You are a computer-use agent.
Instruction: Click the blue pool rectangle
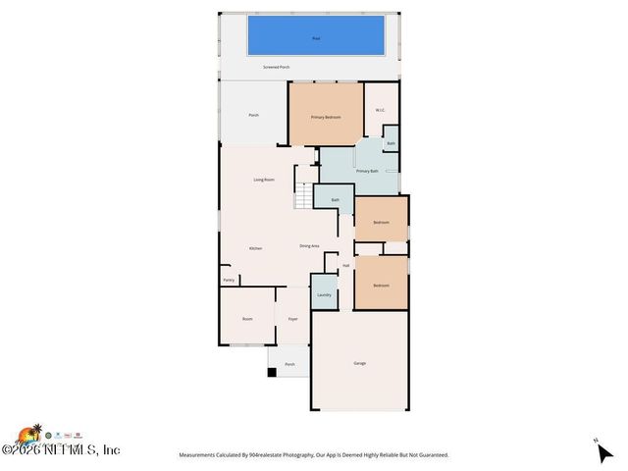315,35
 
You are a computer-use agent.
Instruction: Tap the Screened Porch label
277,67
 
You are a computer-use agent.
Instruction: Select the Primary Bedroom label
326,118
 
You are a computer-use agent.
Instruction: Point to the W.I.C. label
380,110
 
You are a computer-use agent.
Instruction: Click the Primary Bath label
367,172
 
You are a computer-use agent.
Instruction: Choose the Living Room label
264,180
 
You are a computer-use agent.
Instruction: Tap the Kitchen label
255,248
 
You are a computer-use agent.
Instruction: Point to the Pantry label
229,280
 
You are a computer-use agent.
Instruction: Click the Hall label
346,266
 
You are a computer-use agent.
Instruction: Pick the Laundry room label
324,294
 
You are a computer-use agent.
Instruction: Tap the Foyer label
292,319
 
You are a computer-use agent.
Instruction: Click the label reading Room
247,319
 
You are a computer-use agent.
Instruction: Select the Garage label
360,363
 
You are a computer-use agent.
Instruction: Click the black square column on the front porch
273,371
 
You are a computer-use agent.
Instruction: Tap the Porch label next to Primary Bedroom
253,116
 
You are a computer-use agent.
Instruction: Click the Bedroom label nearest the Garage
381,286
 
